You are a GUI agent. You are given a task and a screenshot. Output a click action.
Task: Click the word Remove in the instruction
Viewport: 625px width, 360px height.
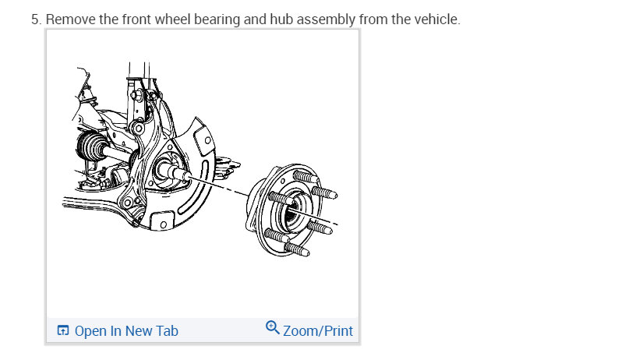pyautogui.click(x=71, y=19)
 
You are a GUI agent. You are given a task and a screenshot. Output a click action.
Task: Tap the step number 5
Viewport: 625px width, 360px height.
pyautogui.click(x=36, y=19)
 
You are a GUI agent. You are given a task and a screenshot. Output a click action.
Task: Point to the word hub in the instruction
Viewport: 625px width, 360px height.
pyautogui.click(x=281, y=19)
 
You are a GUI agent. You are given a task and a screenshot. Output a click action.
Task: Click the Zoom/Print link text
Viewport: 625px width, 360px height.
pyautogui.click(x=318, y=331)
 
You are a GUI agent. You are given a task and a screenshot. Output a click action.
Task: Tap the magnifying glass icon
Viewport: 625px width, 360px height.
pyautogui.click(x=273, y=328)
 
